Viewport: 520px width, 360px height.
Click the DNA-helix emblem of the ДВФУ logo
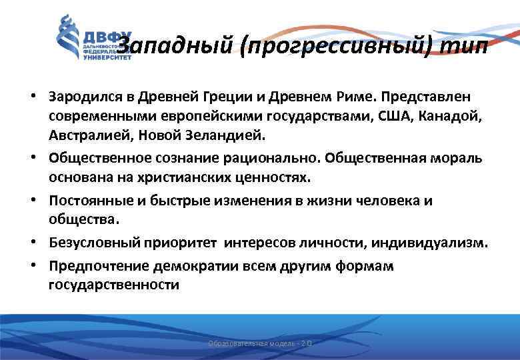pyautogui.click(x=67, y=38)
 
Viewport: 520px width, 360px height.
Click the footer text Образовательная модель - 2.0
pyautogui.click(x=260, y=343)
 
